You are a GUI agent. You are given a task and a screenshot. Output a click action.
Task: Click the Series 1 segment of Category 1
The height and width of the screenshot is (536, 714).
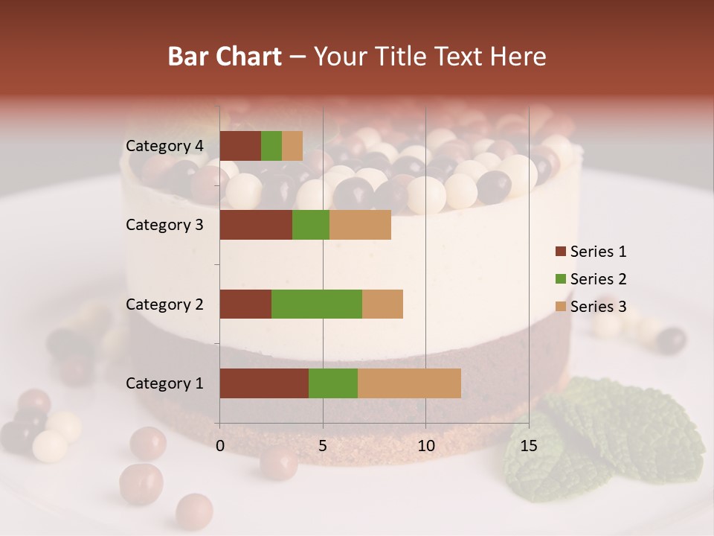pos(264,383)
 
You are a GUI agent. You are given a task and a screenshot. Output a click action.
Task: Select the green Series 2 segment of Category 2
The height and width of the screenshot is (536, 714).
pos(317,304)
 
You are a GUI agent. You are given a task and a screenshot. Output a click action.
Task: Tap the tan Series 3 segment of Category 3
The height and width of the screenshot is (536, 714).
pos(360,225)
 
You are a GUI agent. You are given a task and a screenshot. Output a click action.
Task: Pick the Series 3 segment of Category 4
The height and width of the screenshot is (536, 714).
pos(292,146)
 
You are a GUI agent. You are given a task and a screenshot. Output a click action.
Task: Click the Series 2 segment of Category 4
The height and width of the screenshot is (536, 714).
pos(271,146)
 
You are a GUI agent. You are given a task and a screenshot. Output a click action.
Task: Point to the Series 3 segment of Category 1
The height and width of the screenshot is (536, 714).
pos(409,383)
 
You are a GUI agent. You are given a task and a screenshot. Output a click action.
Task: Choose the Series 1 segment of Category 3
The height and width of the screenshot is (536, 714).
pos(256,225)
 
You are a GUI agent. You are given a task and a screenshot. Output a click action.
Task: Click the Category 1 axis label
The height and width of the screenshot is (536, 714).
pos(164,383)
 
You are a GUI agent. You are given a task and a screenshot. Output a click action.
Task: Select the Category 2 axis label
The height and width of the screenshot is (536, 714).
pos(164,304)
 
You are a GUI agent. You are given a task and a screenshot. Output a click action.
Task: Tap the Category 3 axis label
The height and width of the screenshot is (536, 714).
pos(164,225)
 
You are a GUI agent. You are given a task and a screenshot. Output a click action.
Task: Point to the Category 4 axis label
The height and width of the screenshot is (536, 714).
pos(164,146)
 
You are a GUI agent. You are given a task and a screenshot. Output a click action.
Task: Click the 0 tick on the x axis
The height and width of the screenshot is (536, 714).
pos(220,446)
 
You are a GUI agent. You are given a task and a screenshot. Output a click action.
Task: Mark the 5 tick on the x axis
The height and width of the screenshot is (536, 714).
pos(323,446)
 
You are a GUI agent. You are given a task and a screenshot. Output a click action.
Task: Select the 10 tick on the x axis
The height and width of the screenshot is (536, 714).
pos(425,446)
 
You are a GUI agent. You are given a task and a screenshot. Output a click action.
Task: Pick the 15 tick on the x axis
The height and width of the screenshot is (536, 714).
pos(529,446)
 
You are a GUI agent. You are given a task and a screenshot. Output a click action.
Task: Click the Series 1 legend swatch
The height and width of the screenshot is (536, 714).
pos(560,252)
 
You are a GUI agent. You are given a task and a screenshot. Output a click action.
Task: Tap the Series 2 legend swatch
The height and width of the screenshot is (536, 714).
pos(560,279)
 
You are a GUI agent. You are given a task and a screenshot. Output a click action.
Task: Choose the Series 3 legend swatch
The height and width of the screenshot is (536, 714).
pos(560,307)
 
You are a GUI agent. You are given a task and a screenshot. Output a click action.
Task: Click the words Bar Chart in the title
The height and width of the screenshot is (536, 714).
pos(225,57)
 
